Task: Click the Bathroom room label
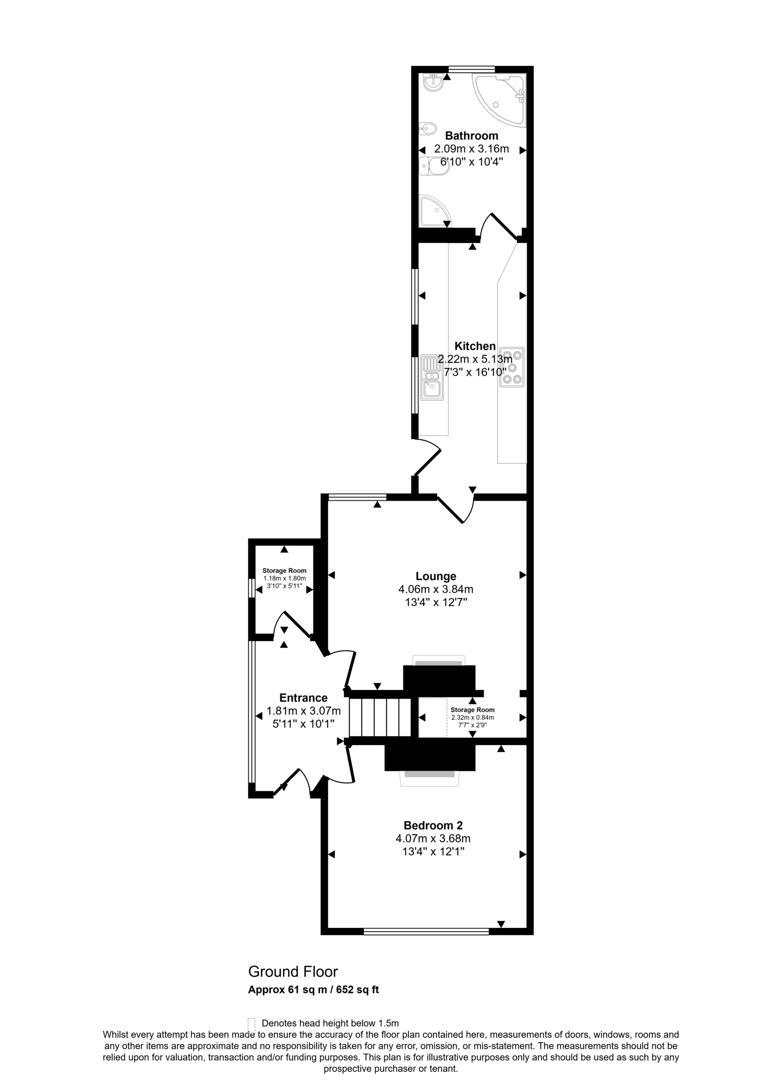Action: point(471,135)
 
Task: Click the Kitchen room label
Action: point(475,346)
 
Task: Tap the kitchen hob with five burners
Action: point(511,367)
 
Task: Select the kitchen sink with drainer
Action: point(432,377)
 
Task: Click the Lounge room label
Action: point(436,576)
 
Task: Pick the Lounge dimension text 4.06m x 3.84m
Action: point(436,589)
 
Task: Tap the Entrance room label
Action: point(304,698)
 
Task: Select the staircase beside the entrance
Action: point(380,717)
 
